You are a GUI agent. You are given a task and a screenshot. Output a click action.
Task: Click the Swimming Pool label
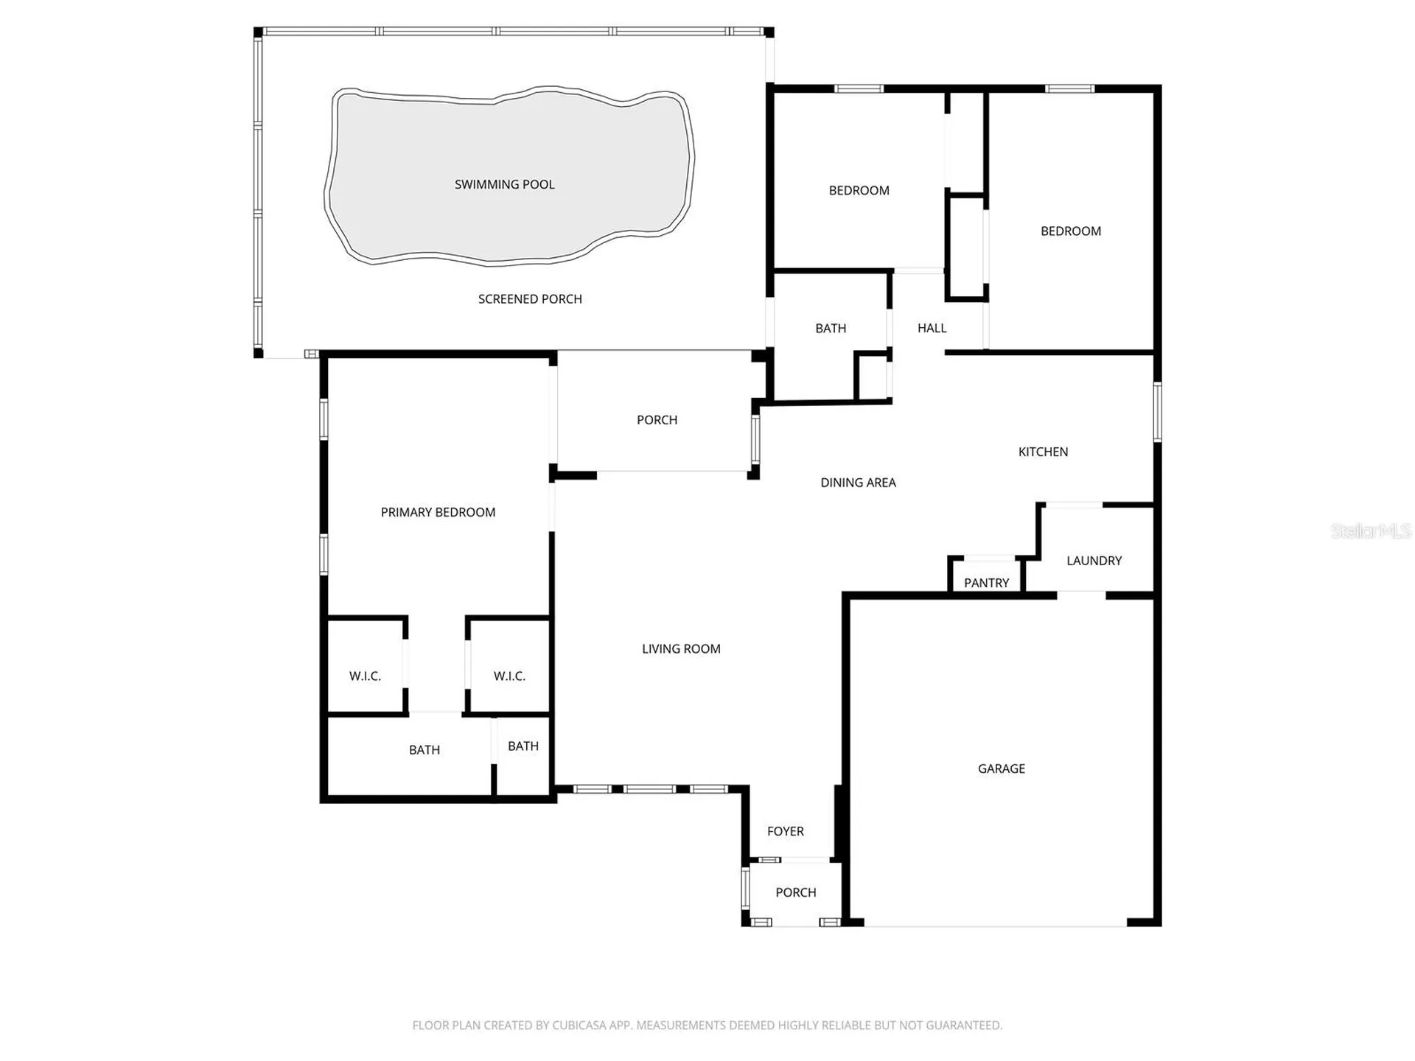point(504,184)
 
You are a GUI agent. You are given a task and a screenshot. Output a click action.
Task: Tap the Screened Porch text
point(530,298)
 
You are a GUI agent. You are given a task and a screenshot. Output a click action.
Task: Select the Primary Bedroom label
point(438,512)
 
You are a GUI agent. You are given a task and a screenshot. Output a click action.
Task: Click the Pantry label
point(986,583)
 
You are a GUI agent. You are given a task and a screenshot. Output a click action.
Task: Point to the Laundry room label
point(1094,561)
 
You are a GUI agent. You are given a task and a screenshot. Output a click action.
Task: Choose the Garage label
point(1001,768)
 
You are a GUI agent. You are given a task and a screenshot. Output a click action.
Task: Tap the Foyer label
point(785,831)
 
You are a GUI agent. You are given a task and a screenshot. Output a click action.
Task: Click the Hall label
point(932,328)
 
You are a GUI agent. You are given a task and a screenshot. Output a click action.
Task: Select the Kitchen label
point(1043,452)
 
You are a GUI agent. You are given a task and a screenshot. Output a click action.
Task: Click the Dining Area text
point(858,483)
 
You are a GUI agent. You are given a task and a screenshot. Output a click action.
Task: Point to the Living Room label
point(681,648)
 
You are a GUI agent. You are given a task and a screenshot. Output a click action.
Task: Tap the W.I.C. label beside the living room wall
point(509,676)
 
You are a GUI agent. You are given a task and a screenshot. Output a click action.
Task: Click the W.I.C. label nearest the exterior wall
point(365,676)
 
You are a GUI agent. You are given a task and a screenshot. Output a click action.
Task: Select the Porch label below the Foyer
point(795,892)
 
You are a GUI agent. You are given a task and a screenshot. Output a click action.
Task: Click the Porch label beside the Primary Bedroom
point(657,420)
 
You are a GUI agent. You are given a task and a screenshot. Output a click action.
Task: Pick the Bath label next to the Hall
point(830,328)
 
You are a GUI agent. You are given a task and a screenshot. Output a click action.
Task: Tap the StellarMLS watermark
point(1370,530)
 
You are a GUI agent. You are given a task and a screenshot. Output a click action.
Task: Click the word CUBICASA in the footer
point(579,1025)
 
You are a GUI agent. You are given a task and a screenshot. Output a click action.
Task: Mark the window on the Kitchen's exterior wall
point(1157,412)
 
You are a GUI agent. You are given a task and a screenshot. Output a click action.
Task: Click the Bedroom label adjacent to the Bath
point(859,190)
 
